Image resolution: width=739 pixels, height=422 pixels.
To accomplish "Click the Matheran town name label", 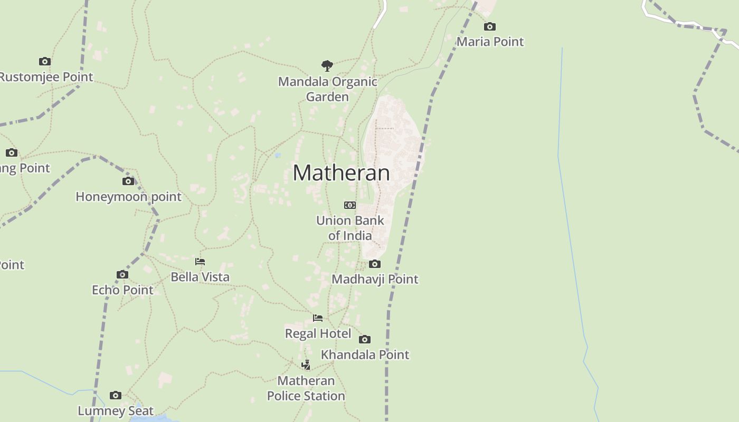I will coord(341,173).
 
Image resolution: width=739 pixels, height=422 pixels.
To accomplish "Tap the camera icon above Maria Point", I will coord(490,26).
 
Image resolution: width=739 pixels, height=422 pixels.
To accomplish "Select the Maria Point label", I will coord(490,42).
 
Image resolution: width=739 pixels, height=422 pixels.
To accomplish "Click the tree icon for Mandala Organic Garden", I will coord(327,66).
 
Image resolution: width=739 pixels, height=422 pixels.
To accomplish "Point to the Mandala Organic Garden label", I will coord(327,89).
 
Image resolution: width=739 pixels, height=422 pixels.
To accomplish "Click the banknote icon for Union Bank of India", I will coord(350,205).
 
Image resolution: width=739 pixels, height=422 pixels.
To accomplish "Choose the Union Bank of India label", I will coord(350,228).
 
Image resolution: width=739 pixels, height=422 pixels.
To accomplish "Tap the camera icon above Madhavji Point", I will coord(375,264).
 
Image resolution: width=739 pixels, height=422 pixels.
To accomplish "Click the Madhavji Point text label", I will coord(375,279).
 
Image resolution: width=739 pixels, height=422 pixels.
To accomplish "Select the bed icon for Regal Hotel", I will coord(318,318).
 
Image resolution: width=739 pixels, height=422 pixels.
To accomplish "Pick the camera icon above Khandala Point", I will coord(365,339).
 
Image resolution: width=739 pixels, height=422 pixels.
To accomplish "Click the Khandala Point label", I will coord(365,354).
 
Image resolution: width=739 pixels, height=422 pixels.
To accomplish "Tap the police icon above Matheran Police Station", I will coord(306,365).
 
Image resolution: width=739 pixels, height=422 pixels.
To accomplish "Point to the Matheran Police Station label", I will coord(306,388).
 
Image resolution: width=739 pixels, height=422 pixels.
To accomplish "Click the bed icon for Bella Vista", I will coord(200,262).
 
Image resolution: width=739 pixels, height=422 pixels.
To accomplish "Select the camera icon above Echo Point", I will coord(122,274).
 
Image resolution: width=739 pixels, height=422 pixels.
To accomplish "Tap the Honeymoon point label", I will coord(128,197).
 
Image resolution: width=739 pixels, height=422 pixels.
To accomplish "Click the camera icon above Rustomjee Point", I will coord(45,61).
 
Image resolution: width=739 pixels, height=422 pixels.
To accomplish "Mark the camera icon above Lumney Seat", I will coord(116,395).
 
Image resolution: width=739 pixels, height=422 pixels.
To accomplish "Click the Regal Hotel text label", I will coord(318,333).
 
